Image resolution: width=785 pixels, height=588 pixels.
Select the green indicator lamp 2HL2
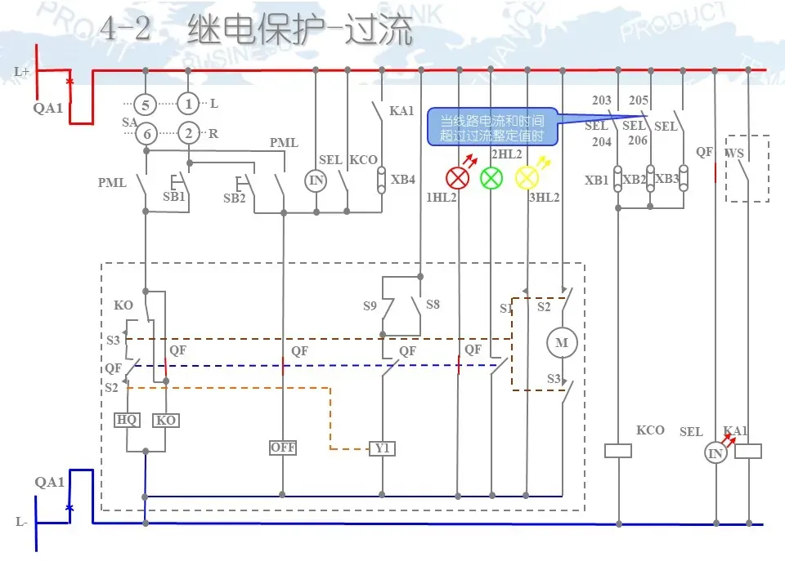coord(491,177)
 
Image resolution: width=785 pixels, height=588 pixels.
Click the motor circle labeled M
coord(562,343)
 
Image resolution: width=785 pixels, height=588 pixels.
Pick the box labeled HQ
coord(127,420)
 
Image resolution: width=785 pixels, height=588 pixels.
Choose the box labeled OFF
coord(283,448)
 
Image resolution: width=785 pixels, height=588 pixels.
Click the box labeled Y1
coord(382,448)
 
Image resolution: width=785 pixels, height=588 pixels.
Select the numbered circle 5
coord(146,105)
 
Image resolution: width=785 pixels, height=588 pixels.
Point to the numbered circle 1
coord(189,105)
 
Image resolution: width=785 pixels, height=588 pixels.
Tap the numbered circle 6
coord(146,134)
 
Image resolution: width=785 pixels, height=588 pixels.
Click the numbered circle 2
coord(189,134)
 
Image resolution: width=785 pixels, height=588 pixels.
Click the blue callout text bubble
coord(492,127)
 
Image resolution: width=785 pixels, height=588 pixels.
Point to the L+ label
coord(22,72)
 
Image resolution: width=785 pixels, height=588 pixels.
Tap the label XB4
coord(403,180)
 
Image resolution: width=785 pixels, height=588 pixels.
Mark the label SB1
coord(173,197)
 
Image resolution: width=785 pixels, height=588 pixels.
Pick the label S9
coord(370,306)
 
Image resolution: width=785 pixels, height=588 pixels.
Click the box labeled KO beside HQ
coord(166,420)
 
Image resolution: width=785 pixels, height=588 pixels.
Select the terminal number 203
coord(602,101)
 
